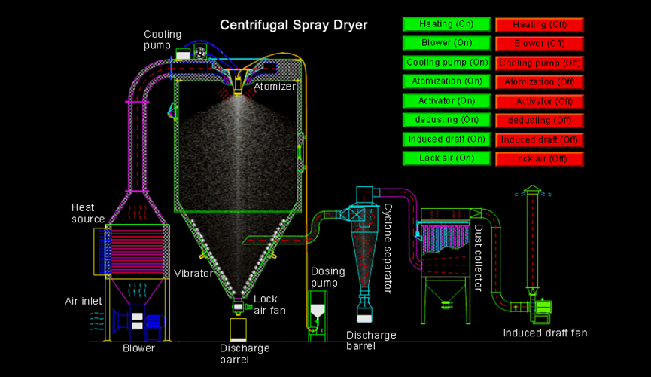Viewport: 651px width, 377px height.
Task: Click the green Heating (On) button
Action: (x=447, y=24)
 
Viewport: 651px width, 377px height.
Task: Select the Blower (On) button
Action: (x=447, y=43)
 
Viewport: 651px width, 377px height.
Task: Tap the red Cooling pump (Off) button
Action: (x=540, y=63)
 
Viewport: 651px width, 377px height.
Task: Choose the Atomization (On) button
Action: (x=447, y=81)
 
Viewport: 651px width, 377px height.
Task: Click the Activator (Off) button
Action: (x=540, y=101)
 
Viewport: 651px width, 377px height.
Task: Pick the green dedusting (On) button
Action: (x=447, y=120)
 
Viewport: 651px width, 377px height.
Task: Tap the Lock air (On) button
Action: (x=447, y=158)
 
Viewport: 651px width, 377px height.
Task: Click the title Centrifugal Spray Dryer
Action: (x=294, y=25)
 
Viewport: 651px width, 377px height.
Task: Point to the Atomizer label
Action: (x=274, y=87)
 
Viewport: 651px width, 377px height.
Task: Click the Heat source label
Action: (x=88, y=213)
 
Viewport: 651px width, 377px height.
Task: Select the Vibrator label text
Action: (x=193, y=273)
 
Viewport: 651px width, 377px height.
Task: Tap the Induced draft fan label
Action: (x=545, y=333)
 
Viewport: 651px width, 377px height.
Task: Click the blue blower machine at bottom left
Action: (x=136, y=321)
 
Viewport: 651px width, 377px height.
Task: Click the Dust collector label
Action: (x=478, y=257)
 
